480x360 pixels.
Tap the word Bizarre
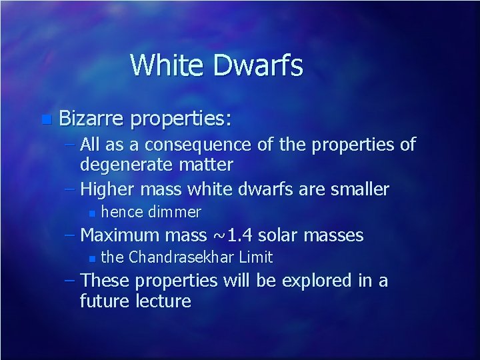(91, 120)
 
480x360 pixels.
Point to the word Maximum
(123, 235)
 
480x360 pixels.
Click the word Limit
(255, 257)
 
